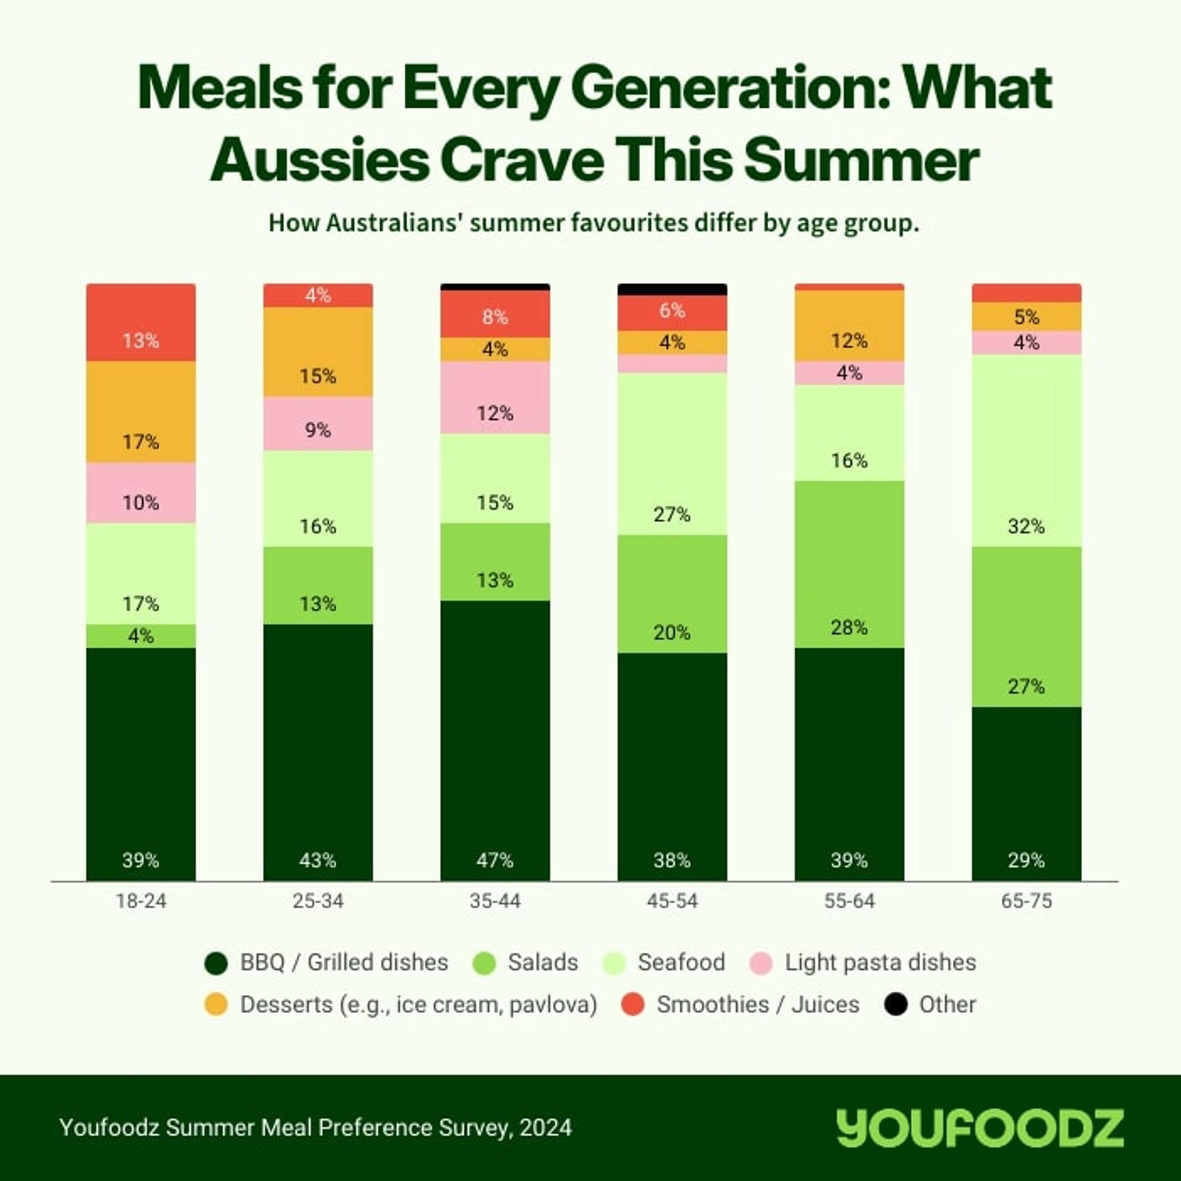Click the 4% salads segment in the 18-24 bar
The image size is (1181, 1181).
pyautogui.click(x=141, y=636)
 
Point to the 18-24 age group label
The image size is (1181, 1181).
pyautogui.click(x=141, y=901)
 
